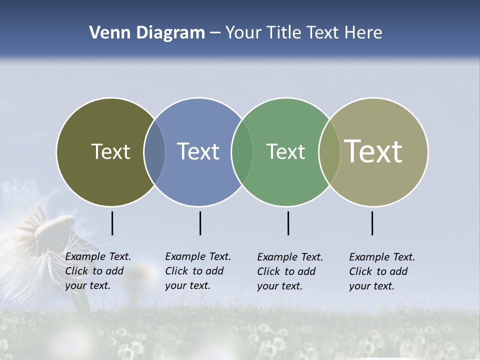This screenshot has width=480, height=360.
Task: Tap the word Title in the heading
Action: click(x=283, y=33)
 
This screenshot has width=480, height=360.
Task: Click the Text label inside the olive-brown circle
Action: click(x=110, y=151)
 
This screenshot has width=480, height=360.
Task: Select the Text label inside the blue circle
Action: click(x=198, y=151)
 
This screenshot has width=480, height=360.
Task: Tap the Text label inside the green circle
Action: click(x=285, y=151)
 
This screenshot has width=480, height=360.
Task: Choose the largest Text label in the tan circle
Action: click(x=373, y=151)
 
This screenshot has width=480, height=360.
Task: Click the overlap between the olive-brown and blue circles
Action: click(x=154, y=151)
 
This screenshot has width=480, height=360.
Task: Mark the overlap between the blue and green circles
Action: click(x=242, y=151)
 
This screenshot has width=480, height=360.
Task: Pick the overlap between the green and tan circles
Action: click(x=329, y=151)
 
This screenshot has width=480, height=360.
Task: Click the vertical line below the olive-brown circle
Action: click(x=112, y=223)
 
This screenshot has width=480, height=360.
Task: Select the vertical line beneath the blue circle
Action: click(x=200, y=223)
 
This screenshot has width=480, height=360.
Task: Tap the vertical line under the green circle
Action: click(x=288, y=223)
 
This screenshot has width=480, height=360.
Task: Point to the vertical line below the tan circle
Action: click(x=372, y=223)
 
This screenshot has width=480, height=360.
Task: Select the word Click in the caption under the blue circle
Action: click(x=176, y=271)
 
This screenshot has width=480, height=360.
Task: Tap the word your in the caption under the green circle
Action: click(x=268, y=286)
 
